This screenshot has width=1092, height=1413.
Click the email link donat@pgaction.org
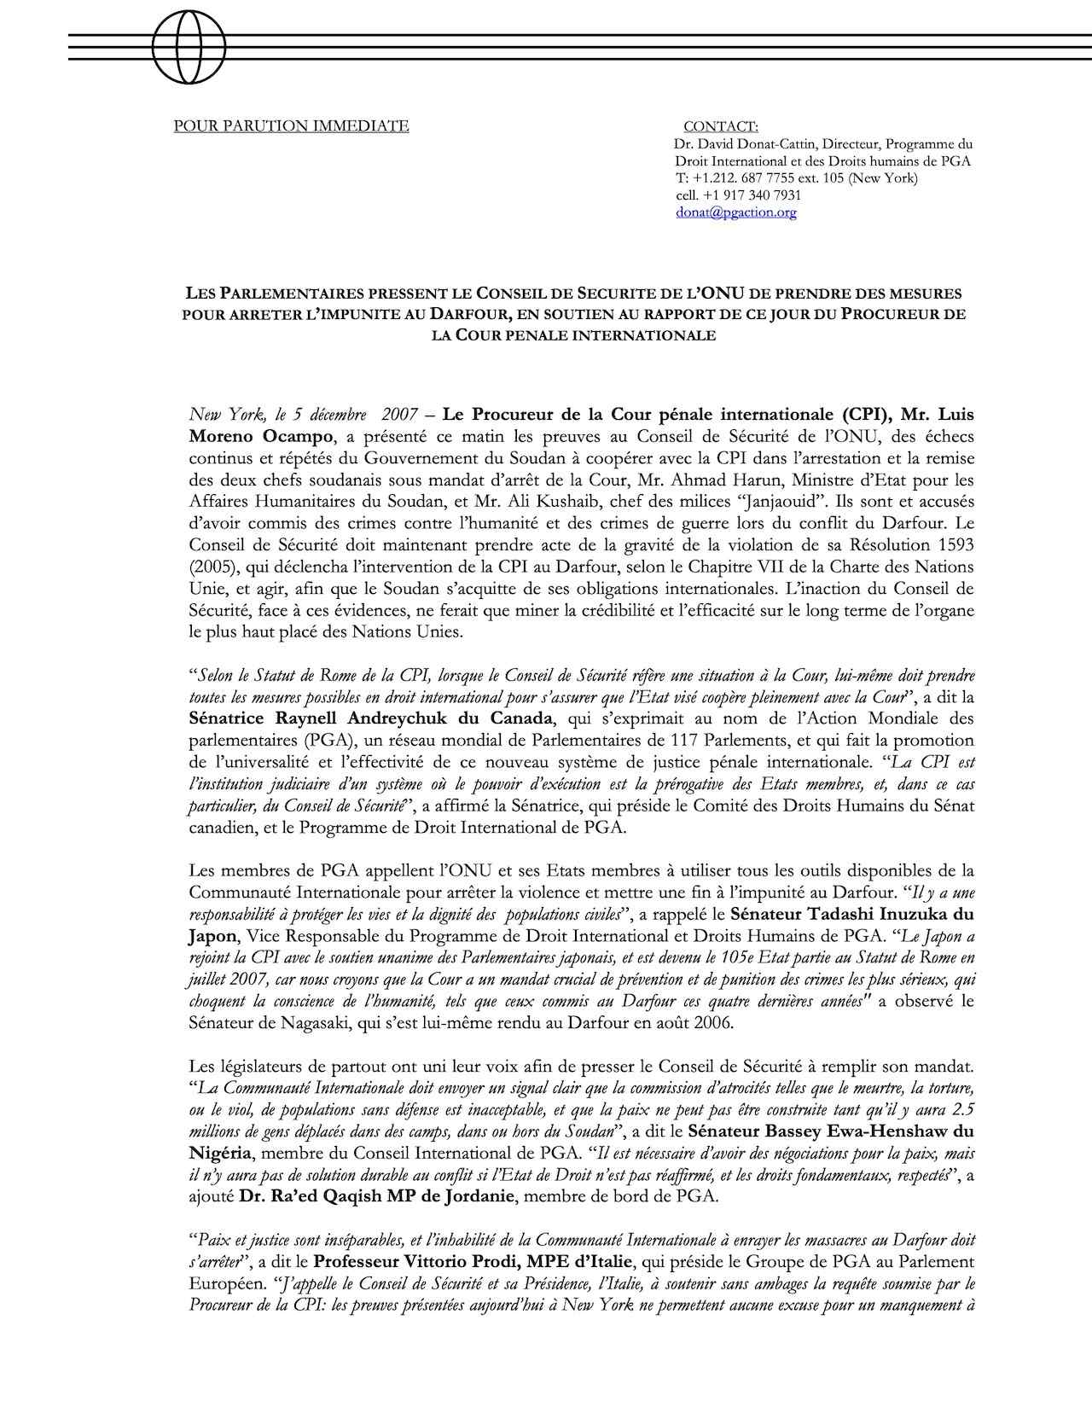(735, 212)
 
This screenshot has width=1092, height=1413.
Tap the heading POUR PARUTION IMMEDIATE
(292, 127)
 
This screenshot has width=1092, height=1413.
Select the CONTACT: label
(720, 127)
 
